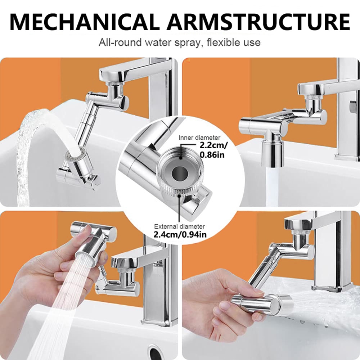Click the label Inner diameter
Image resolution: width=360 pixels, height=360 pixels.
click(x=199, y=138)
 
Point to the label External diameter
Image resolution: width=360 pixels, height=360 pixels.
click(x=180, y=226)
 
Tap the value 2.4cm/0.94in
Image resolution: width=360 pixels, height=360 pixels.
click(x=180, y=235)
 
